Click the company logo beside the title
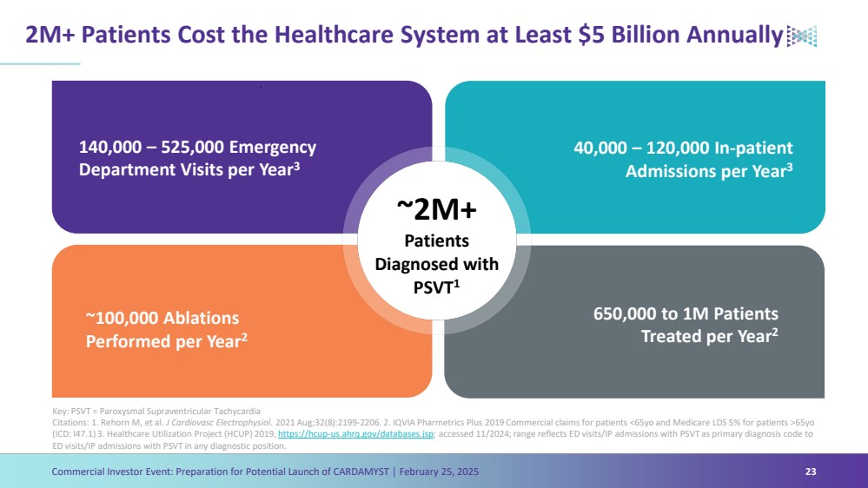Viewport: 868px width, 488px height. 801,36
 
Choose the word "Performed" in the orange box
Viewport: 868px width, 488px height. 129,341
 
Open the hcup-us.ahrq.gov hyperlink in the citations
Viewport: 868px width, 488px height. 354,434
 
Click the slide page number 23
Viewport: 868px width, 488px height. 811,472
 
